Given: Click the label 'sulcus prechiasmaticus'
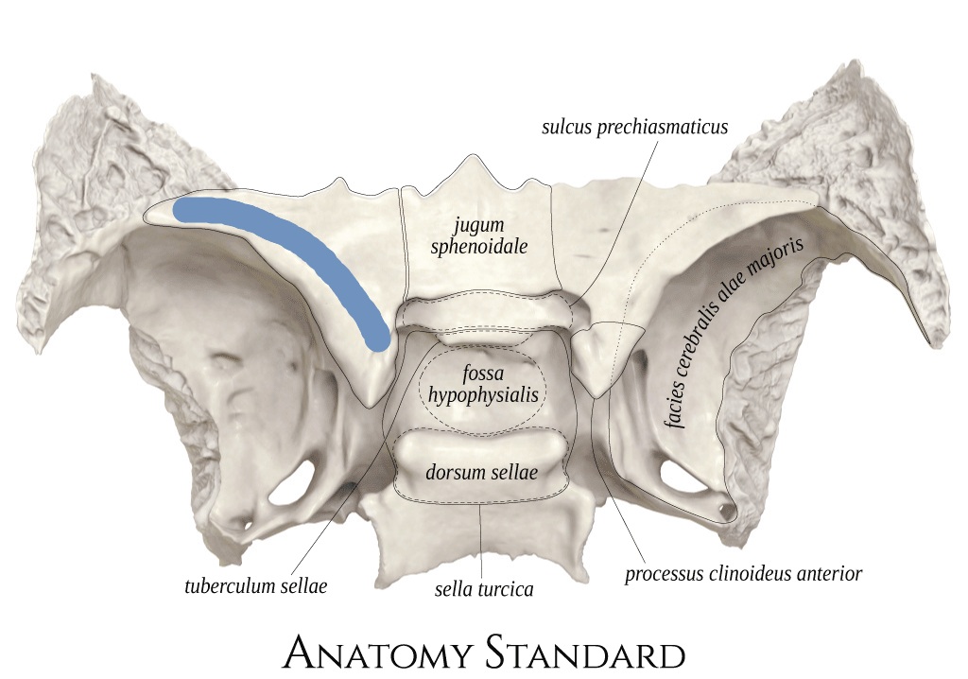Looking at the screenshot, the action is click(x=634, y=127).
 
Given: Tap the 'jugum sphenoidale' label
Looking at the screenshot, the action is click(x=479, y=236).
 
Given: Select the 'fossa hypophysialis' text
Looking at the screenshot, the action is click(x=483, y=384).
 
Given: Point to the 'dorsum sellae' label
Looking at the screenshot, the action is click(x=481, y=472).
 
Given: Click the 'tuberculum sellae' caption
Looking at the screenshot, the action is click(x=255, y=585).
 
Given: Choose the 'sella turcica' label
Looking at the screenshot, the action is click(x=484, y=589).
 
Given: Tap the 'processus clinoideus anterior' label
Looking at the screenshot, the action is click(x=743, y=574).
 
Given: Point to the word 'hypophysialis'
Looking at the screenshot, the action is click(x=483, y=395).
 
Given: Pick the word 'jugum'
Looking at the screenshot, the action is click(x=478, y=226).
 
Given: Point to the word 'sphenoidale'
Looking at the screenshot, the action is click(x=479, y=247).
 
